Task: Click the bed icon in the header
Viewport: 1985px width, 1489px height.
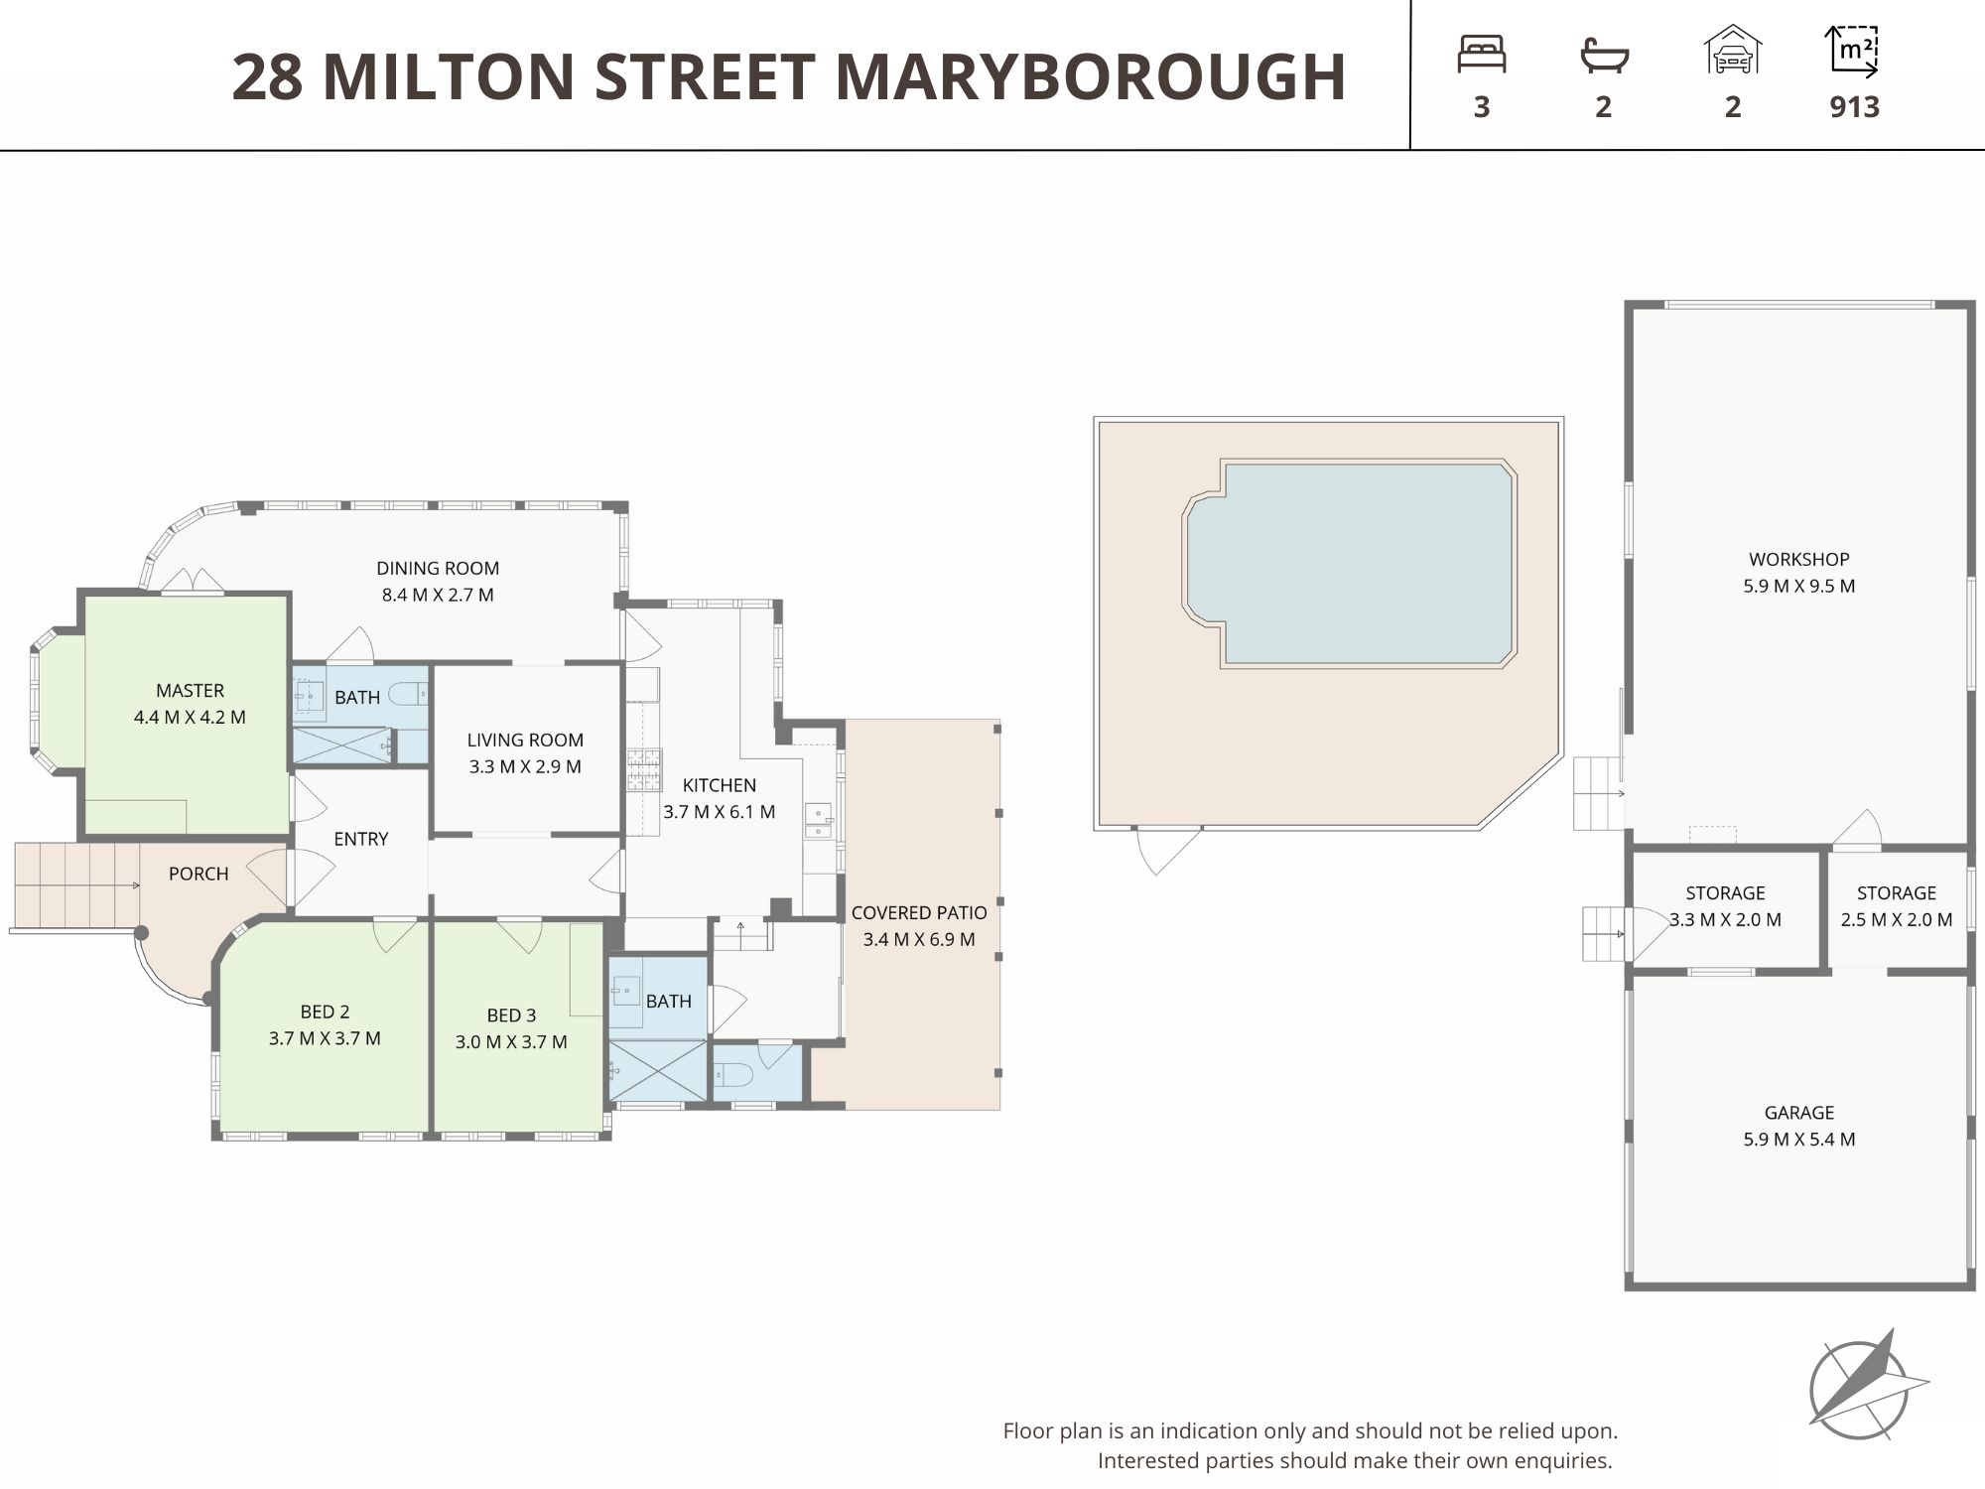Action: pyautogui.click(x=1481, y=54)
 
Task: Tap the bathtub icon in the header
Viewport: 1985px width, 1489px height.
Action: pyautogui.click(x=1604, y=55)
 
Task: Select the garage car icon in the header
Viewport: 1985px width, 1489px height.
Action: pyautogui.click(x=1732, y=50)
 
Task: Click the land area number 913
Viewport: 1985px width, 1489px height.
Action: pyautogui.click(x=1854, y=107)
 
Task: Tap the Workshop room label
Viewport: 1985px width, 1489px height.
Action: pyautogui.click(x=1798, y=559)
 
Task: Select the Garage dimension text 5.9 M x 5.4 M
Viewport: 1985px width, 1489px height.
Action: pyautogui.click(x=1798, y=1140)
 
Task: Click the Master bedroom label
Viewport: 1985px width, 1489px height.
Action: pyautogui.click(x=190, y=691)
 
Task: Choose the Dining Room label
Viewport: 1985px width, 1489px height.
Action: pyautogui.click(x=438, y=569)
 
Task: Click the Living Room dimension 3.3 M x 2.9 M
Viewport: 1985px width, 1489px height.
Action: pyautogui.click(x=525, y=767)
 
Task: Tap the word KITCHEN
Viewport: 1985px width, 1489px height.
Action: pyautogui.click(x=720, y=785)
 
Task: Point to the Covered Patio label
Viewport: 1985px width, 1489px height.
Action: pyautogui.click(x=919, y=913)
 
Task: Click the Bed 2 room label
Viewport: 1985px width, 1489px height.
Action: pyautogui.click(x=325, y=1013)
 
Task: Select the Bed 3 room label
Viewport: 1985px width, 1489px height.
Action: pyautogui.click(x=511, y=1015)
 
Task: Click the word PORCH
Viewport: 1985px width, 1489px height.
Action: pyautogui.click(x=198, y=875)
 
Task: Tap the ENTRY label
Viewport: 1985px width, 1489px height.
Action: pyautogui.click(x=361, y=840)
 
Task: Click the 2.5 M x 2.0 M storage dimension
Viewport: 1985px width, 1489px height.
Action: pyautogui.click(x=1897, y=920)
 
